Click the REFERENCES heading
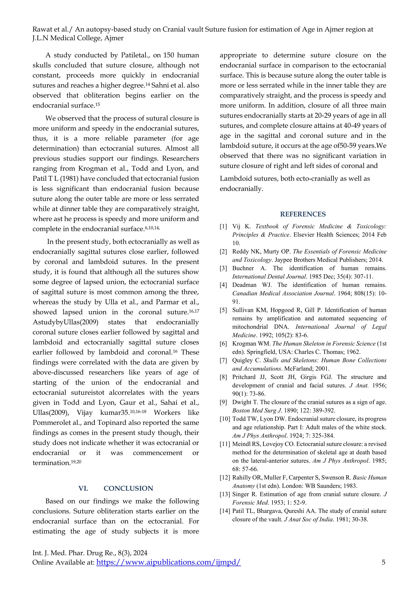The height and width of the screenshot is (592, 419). pos(303,214)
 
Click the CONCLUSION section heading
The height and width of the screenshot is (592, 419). pos(128,488)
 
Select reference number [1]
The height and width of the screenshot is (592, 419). pos(223,226)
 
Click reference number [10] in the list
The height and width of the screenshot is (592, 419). pos(224,419)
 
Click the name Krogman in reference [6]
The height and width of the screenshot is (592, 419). pos(243,344)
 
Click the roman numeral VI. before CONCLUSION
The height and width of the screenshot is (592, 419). pos(83,488)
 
